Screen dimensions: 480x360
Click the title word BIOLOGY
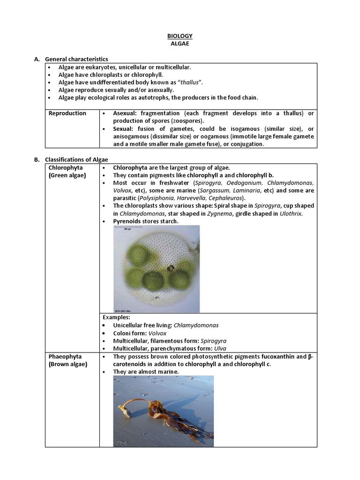tap(180, 36)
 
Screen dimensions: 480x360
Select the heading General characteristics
tap(76, 59)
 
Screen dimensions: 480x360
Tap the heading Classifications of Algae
tap(75, 159)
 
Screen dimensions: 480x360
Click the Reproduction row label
tap(67, 113)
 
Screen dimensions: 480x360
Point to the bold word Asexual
tap(126, 113)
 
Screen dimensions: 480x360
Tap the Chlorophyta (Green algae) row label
tap(67, 171)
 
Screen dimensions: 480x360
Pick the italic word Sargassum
tap(216, 191)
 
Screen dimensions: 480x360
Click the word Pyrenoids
tap(127, 221)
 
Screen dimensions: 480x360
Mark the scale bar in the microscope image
tap(127, 230)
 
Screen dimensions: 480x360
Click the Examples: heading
tap(117, 317)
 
